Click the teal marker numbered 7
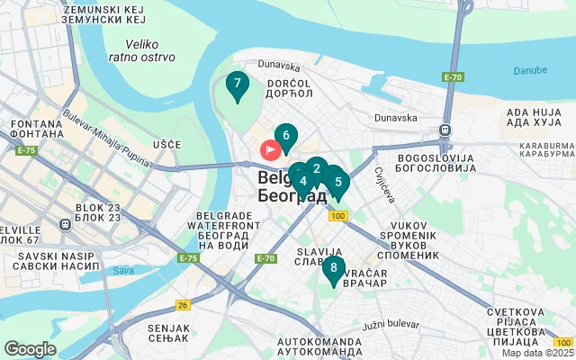[237, 86]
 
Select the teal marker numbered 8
[334, 268]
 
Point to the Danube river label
[529, 70]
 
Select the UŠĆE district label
[167, 145]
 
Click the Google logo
[31, 349]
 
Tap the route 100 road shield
[337, 216]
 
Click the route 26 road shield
[184, 305]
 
